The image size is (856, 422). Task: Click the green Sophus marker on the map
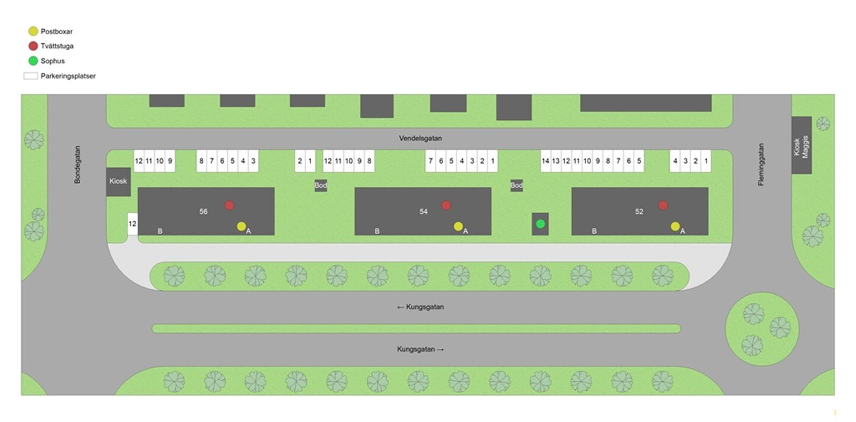[x=540, y=224]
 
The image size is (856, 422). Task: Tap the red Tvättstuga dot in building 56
[x=229, y=206]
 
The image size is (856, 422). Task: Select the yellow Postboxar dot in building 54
[x=458, y=226]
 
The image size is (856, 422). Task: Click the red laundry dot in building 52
[x=663, y=206]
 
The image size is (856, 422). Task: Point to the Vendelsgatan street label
[x=421, y=138]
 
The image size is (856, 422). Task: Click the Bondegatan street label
[x=78, y=165]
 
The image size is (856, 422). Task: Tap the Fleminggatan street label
[x=761, y=165]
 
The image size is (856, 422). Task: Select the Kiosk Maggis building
[x=801, y=145]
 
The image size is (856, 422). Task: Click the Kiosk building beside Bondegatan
[x=118, y=182]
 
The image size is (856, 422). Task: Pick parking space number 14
[x=545, y=161]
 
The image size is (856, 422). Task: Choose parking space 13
[x=556, y=161]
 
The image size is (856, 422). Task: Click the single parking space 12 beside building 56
[x=132, y=224]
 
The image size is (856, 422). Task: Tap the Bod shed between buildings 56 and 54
[x=321, y=186]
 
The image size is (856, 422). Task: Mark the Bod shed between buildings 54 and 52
[x=516, y=186]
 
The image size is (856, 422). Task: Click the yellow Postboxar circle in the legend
[x=33, y=31]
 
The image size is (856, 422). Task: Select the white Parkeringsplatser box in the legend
[x=31, y=76]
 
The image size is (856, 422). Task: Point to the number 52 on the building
[x=639, y=212]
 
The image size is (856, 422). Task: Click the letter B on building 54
[x=377, y=231]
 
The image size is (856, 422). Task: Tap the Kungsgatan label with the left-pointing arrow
[x=421, y=307]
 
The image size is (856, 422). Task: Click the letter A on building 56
[x=249, y=231]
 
